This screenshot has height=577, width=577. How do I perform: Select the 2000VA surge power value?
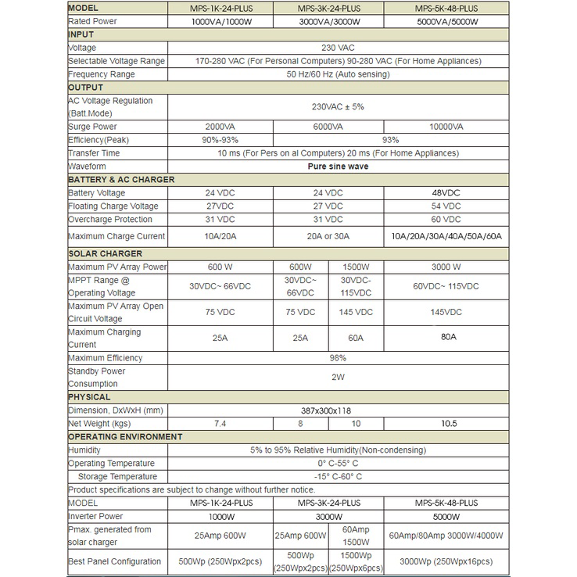220,127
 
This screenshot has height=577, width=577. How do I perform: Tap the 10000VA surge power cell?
446,127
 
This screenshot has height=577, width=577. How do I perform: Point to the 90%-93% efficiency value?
220,140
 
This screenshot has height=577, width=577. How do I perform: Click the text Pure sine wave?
338,167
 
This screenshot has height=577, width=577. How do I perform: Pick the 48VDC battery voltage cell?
446,193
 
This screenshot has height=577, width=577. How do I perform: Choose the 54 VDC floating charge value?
446,206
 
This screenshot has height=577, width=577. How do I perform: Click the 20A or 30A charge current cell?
328,236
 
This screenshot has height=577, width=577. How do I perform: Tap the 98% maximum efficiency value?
338,358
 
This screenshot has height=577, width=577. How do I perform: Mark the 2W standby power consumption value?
338,377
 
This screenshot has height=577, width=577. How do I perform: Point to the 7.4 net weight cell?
220,423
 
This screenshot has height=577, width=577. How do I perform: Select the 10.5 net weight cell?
446,423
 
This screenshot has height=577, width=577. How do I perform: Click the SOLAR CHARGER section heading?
105,253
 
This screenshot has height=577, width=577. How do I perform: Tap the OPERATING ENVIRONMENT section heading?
125,436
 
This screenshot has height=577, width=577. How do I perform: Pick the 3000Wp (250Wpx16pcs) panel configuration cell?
446,561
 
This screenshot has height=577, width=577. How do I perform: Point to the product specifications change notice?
192,489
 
